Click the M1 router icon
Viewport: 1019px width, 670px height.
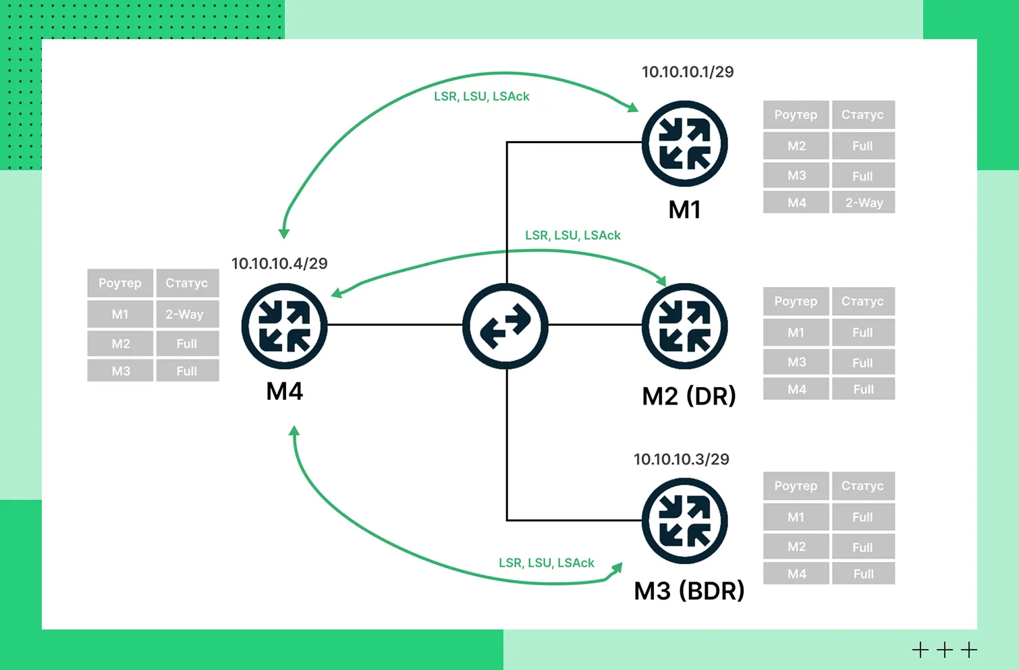tap(684, 144)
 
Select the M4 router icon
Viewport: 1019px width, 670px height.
tap(285, 326)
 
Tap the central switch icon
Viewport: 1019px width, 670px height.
tap(505, 326)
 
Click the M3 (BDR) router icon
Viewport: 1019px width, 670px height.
tap(684, 521)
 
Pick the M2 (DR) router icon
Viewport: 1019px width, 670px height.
tap(684, 326)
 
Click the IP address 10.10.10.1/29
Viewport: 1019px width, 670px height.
tap(687, 72)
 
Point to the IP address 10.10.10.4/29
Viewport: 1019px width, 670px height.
tap(279, 263)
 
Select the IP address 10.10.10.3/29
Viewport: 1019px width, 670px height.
tap(681, 459)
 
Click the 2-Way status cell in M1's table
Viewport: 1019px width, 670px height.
tap(863, 203)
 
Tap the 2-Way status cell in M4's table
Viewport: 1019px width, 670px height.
tap(187, 314)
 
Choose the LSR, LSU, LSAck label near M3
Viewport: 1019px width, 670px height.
tap(546, 563)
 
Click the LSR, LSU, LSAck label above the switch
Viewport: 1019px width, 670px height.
tap(572, 235)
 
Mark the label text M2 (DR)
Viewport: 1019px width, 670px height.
tap(688, 396)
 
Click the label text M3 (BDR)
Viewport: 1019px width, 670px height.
tap(688, 591)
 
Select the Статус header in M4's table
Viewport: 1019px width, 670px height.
tap(187, 283)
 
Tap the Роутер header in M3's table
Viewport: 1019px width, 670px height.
tap(796, 486)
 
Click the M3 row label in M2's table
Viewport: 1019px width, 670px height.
tap(796, 362)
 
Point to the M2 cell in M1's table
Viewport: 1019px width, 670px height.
tap(796, 146)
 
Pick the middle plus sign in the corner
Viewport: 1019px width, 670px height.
tap(945, 650)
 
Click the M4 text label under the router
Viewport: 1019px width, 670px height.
tap(285, 391)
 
